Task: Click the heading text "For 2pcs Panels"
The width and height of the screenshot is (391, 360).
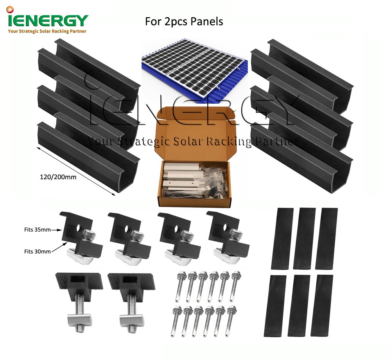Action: (184, 21)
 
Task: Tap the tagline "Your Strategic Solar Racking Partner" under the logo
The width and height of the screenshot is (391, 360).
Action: (47, 31)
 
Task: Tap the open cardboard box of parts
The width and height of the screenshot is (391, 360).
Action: (195, 164)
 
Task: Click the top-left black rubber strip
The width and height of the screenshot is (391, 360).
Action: (282, 238)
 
